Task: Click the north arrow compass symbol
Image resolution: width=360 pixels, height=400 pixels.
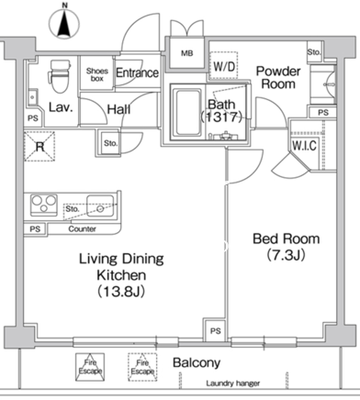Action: click(x=64, y=23)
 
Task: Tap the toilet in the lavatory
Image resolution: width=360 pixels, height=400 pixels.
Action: click(x=60, y=76)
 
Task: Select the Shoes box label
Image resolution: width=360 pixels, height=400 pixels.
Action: click(x=97, y=74)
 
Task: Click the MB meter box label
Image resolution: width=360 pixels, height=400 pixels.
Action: click(x=187, y=53)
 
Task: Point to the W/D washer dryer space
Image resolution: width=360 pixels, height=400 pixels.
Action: click(x=224, y=66)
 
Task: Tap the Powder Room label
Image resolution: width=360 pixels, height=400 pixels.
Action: click(x=278, y=77)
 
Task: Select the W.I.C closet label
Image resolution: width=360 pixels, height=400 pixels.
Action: click(x=304, y=146)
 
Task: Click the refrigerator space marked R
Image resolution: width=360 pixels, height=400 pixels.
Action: click(x=39, y=147)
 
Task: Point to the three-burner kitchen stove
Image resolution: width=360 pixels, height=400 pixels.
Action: click(x=44, y=205)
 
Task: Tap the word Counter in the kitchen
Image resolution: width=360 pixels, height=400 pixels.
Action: click(x=82, y=228)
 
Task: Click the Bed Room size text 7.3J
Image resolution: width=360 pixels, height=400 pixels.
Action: click(x=287, y=255)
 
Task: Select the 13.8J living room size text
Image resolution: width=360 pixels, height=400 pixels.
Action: click(x=121, y=292)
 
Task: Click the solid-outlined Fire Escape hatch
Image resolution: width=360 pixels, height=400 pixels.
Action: click(x=90, y=367)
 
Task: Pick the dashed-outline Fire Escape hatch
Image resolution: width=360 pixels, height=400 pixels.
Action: click(x=142, y=367)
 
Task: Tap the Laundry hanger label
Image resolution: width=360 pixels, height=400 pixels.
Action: click(x=233, y=383)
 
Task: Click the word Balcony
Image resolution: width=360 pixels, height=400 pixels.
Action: click(x=197, y=362)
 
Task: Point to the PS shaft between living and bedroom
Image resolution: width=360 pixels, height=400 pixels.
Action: click(x=215, y=330)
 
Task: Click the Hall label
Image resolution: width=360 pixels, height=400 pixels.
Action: click(x=118, y=109)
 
